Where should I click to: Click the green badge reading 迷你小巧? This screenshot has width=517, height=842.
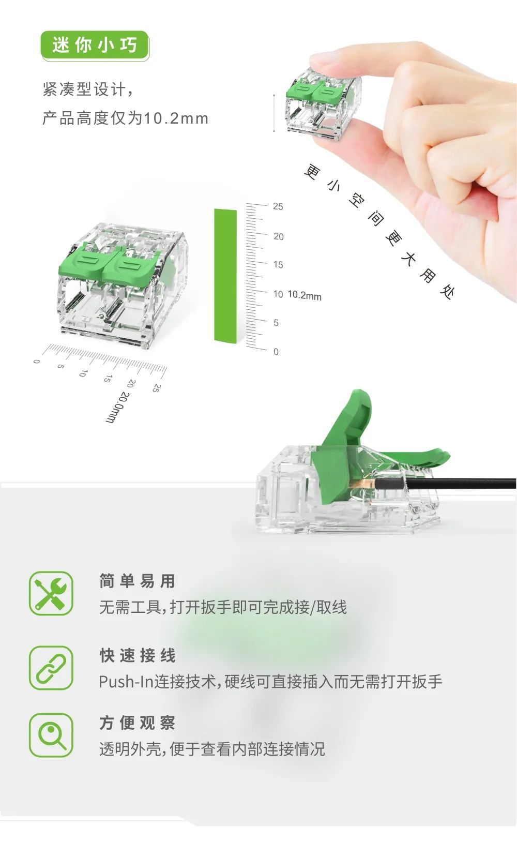click(x=95, y=46)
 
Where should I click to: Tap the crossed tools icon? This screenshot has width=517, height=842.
click(x=51, y=593)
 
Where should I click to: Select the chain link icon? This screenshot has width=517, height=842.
click(x=51, y=668)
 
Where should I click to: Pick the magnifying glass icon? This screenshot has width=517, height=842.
click(x=51, y=735)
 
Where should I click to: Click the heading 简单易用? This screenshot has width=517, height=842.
click(x=138, y=581)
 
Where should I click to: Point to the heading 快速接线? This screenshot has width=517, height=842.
click(x=138, y=655)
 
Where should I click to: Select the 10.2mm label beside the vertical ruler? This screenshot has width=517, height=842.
click(x=305, y=295)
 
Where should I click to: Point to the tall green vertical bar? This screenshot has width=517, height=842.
click(x=225, y=276)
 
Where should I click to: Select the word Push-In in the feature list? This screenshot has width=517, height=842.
click(x=126, y=681)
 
